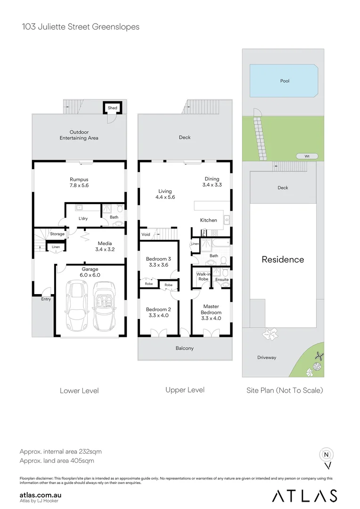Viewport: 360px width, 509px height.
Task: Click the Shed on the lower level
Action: (x=112, y=108)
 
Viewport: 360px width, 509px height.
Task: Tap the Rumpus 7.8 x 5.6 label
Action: (x=79, y=182)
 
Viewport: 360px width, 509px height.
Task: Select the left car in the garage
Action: (x=75, y=306)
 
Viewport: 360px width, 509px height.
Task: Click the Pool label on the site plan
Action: (x=285, y=81)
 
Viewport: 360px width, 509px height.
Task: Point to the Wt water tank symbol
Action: (x=307, y=156)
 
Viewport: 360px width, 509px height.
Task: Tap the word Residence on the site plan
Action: (x=283, y=259)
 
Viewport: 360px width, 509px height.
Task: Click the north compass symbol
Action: (x=326, y=455)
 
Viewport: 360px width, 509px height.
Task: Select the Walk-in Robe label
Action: (x=203, y=276)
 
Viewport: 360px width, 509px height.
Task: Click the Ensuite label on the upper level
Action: (x=222, y=279)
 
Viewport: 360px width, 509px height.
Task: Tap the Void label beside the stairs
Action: (x=146, y=234)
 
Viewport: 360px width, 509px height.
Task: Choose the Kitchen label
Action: (x=208, y=220)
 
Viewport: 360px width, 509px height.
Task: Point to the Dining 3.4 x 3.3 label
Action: (x=212, y=182)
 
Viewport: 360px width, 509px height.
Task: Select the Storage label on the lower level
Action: (x=57, y=234)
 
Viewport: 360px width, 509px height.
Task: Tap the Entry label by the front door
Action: (x=46, y=299)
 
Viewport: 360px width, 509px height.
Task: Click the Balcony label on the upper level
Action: (x=184, y=348)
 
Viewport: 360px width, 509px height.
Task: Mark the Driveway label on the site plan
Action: (x=267, y=357)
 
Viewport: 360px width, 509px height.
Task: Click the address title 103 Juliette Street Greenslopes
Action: (x=81, y=27)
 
